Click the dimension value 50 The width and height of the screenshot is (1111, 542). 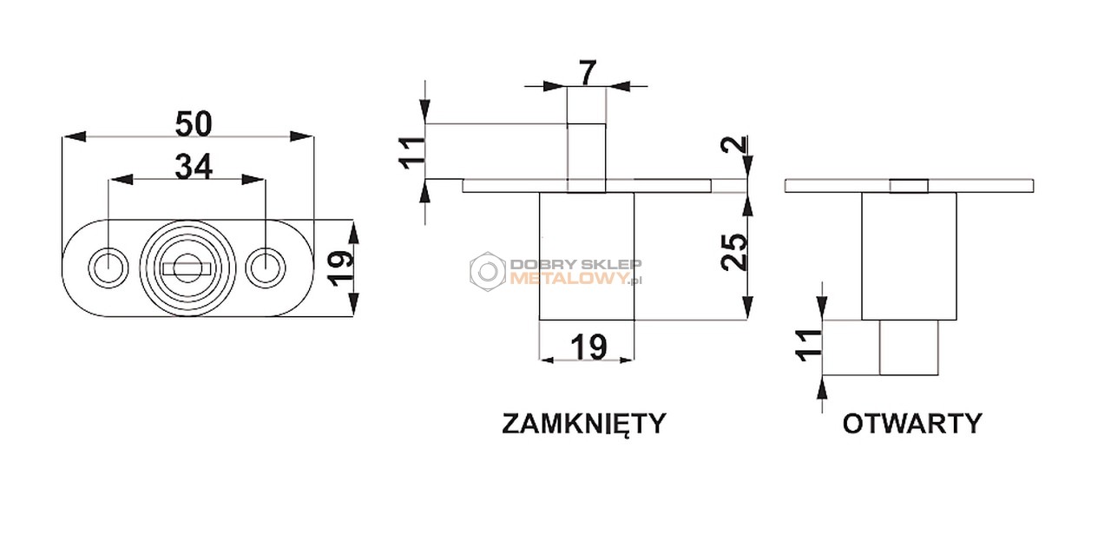pyautogui.click(x=194, y=123)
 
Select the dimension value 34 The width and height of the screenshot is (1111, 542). pyautogui.click(x=194, y=166)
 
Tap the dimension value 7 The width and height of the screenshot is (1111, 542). pyautogui.click(x=588, y=74)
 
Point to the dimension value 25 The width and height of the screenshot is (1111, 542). pyautogui.click(x=734, y=252)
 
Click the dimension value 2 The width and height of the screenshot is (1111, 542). pyautogui.click(x=734, y=144)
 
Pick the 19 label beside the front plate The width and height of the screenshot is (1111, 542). pyautogui.click(x=341, y=268)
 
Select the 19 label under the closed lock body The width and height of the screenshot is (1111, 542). pyautogui.click(x=588, y=347)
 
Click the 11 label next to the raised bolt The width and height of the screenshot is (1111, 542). pyautogui.click(x=412, y=153)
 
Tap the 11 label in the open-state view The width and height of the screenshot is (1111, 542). pyautogui.click(x=809, y=345)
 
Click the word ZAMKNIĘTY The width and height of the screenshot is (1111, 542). pyautogui.click(x=584, y=424)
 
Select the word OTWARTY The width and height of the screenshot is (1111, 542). pyautogui.click(x=912, y=424)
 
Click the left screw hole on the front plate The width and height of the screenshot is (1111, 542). pyautogui.click(x=108, y=268)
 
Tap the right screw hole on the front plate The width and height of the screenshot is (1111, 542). pyautogui.click(x=266, y=268)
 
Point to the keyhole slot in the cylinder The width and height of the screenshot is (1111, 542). pyautogui.click(x=187, y=268)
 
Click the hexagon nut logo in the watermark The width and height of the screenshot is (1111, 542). pyautogui.click(x=488, y=272)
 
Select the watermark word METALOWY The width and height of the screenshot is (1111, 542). pyautogui.click(x=569, y=279)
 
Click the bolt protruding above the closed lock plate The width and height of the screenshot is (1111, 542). pyautogui.click(x=586, y=158)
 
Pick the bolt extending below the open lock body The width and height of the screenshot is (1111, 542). pyautogui.click(x=909, y=347)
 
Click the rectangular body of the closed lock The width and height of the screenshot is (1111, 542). pyautogui.click(x=587, y=256)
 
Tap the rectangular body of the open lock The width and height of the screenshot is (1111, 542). pyautogui.click(x=909, y=256)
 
